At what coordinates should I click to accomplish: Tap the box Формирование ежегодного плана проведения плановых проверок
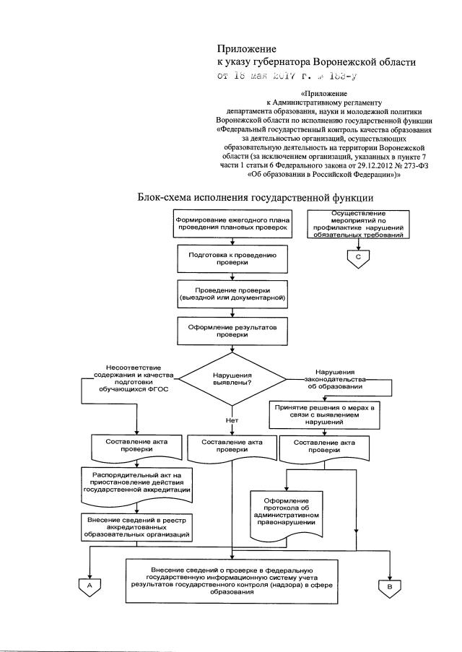click(233, 222)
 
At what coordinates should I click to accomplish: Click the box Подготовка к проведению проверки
click(232, 258)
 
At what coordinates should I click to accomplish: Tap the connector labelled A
click(90, 586)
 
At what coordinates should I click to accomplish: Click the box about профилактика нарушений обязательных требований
click(358, 225)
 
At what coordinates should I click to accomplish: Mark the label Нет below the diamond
click(231, 420)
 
